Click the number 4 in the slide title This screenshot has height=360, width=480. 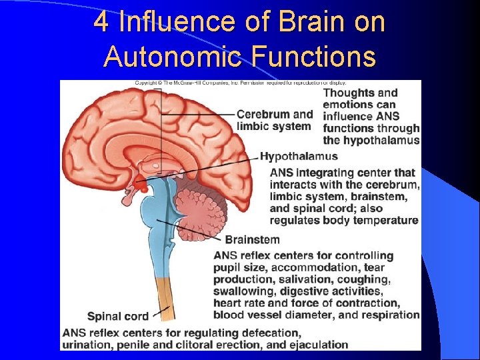click(101, 22)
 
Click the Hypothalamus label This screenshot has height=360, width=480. click(299, 157)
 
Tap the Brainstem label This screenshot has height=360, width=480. click(252, 239)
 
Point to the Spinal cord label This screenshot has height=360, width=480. click(118, 316)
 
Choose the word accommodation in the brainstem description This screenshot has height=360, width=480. click(311, 267)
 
